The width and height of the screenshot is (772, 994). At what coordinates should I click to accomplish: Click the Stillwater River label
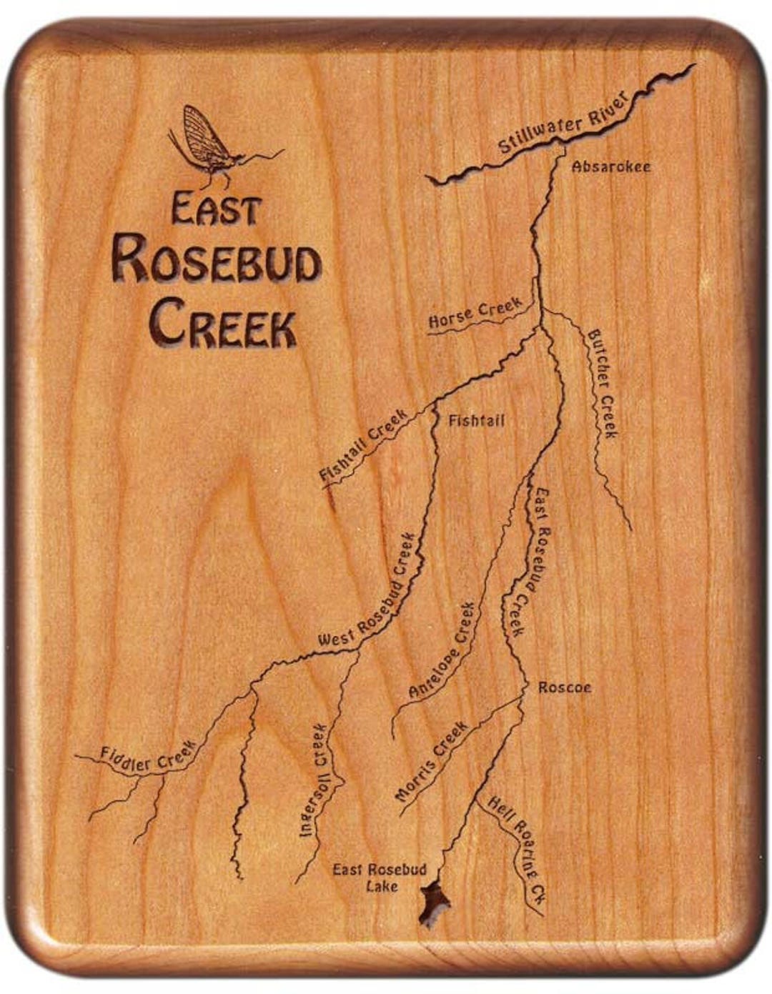click(x=563, y=123)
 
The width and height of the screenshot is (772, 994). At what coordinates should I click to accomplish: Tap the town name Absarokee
click(x=611, y=167)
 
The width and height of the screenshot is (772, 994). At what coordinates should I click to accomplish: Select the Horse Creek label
click(x=475, y=314)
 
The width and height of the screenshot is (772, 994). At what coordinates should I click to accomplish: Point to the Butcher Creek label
click(x=602, y=384)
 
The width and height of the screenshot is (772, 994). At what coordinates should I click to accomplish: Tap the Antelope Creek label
click(x=442, y=650)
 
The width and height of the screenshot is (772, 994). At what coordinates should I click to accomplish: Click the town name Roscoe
click(x=564, y=687)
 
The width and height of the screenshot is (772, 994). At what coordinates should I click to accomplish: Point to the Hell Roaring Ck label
click(x=517, y=854)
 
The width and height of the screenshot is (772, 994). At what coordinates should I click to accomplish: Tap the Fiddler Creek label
click(x=147, y=757)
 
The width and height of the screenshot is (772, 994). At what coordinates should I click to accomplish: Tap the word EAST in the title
click(x=214, y=210)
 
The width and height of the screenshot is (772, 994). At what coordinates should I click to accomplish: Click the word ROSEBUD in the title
click(x=216, y=263)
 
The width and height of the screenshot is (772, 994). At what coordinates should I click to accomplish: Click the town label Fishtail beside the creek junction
click(x=475, y=420)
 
